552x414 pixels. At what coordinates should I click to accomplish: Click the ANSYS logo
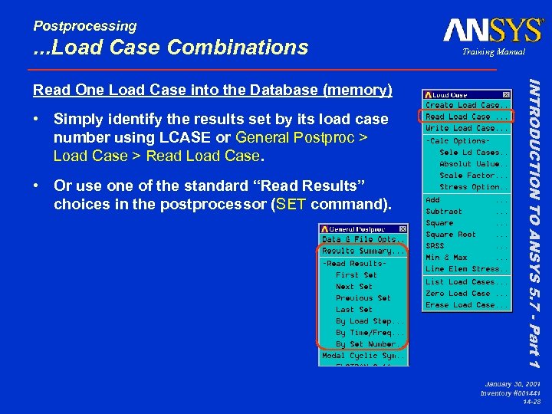point(492,30)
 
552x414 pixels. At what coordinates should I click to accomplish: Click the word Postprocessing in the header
point(84,26)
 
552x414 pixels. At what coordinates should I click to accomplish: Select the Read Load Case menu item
point(466,117)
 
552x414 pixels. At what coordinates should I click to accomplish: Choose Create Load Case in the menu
point(466,106)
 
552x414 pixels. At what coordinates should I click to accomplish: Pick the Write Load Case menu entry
point(466,129)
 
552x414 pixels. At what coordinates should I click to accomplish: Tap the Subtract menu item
point(445,212)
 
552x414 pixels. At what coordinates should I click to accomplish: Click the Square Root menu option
point(451,235)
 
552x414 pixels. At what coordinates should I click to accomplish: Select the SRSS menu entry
point(435,246)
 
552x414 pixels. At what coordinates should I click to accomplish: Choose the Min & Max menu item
point(447,258)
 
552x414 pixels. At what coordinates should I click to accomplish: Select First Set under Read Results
point(356,275)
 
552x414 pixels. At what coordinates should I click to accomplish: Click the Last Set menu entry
point(355,310)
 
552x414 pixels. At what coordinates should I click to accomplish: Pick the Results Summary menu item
point(363,251)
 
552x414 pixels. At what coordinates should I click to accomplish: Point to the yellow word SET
point(291,205)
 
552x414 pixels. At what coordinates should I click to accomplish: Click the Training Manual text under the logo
point(494,52)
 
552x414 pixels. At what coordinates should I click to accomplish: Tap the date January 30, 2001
point(513,382)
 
